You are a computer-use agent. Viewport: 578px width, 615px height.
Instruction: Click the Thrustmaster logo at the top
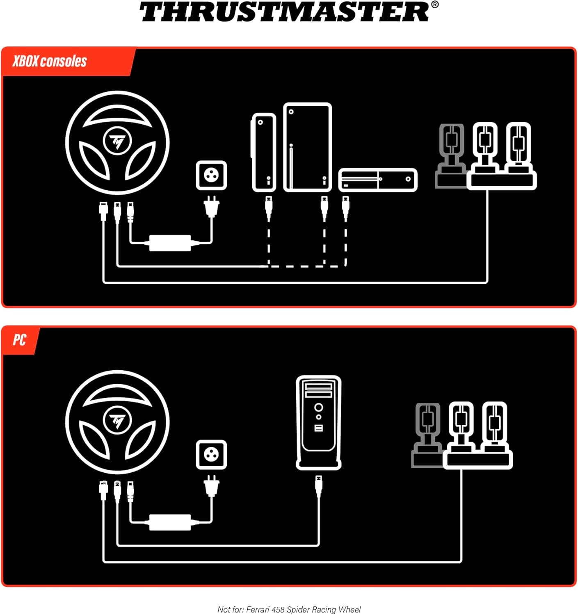pyautogui.click(x=289, y=12)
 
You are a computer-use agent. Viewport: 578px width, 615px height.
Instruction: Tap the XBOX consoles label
pyautogui.click(x=50, y=61)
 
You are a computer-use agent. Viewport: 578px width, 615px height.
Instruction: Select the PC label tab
pyautogui.click(x=19, y=340)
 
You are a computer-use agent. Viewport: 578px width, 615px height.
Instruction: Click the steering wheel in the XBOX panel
pyautogui.click(x=117, y=142)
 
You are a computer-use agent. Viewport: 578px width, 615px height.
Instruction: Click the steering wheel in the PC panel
pyautogui.click(x=117, y=422)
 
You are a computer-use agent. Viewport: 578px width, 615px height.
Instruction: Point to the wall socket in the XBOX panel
pyautogui.click(x=211, y=175)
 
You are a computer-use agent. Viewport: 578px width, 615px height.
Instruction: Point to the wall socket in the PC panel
pyautogui.click(x=211, y=455)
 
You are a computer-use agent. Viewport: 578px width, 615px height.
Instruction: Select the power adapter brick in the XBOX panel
pyautogui.click(x=170, y=243)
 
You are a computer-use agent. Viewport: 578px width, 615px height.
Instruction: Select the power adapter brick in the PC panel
pyautogui.click(x=170, y=522)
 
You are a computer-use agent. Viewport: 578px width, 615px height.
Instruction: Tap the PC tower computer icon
pyautogui.click(x=319, y=422)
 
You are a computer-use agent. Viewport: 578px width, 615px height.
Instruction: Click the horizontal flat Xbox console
pyautogui.click(x=378, y=180)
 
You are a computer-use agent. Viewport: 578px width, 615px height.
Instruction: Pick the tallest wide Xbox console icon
pyautogui.click(x=307, y=148)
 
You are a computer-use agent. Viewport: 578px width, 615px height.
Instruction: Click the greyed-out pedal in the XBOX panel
pyautogui.click(x=451, y=156)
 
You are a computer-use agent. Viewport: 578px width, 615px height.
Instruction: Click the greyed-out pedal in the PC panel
pyautogui.click(x=427, y=435)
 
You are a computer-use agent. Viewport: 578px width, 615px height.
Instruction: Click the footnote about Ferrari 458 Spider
pyautogui.click(x=289, y=609)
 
